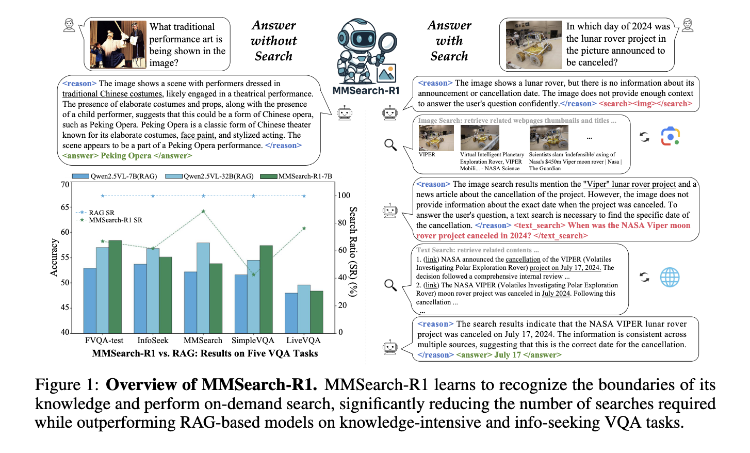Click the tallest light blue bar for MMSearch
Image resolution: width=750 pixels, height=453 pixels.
pos(203,287)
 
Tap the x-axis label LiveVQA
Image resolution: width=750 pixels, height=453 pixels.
pos(303,341)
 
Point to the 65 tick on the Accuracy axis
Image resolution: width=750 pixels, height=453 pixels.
pos(65,207)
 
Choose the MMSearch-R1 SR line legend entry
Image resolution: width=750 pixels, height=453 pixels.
pos(115,220)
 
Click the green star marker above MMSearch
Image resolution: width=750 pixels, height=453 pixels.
pos(203,212)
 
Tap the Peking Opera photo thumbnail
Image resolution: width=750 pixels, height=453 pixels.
pos(118,45)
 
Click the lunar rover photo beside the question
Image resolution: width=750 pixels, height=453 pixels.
pos(534,45)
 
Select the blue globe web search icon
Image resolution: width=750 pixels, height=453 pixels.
pos(670,278)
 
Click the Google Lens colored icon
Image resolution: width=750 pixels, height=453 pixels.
pos(670,137)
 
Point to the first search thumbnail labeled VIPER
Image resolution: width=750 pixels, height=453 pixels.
pos(436,138)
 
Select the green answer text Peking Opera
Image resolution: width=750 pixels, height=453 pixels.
pos(126,156)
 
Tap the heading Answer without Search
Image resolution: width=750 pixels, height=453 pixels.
pos(273,41)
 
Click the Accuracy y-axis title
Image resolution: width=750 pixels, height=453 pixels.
pos(54,257)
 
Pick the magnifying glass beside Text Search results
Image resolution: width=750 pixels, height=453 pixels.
pos(390,284)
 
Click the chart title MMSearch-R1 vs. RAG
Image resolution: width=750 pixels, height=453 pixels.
pos(205,353)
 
